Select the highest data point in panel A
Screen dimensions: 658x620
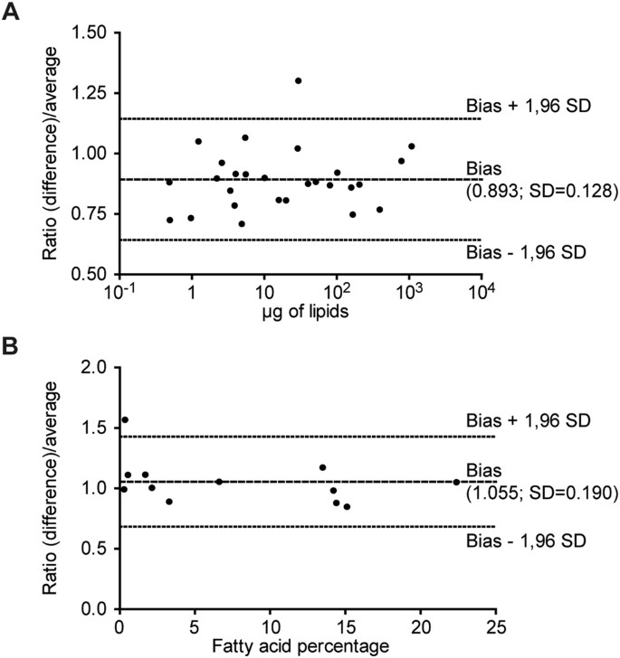298,80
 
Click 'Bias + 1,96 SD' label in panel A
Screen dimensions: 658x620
528,106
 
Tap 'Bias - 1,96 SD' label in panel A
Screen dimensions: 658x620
528,249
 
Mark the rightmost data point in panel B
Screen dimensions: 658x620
456,482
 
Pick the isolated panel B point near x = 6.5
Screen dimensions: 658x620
219,482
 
